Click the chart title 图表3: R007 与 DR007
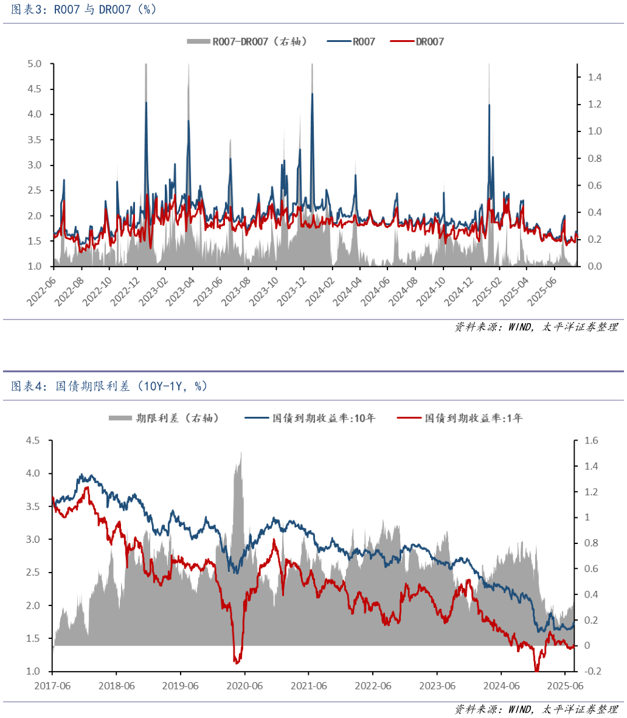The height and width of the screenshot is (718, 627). [84, 10]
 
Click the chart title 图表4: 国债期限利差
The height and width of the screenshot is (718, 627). [109, 386]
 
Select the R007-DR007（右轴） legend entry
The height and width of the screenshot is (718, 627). [246, 41]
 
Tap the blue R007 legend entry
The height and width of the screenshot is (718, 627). [352, 41]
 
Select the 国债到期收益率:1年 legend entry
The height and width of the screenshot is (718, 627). [460, 418]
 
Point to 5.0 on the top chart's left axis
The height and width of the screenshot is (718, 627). [35, 64]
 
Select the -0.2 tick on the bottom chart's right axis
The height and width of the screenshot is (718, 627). [591, 671]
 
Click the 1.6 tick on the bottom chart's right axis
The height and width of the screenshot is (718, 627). [591, 441]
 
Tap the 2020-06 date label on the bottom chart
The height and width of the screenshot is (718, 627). [244, 686]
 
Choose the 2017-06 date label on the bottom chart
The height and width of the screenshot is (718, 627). [52, 686]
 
